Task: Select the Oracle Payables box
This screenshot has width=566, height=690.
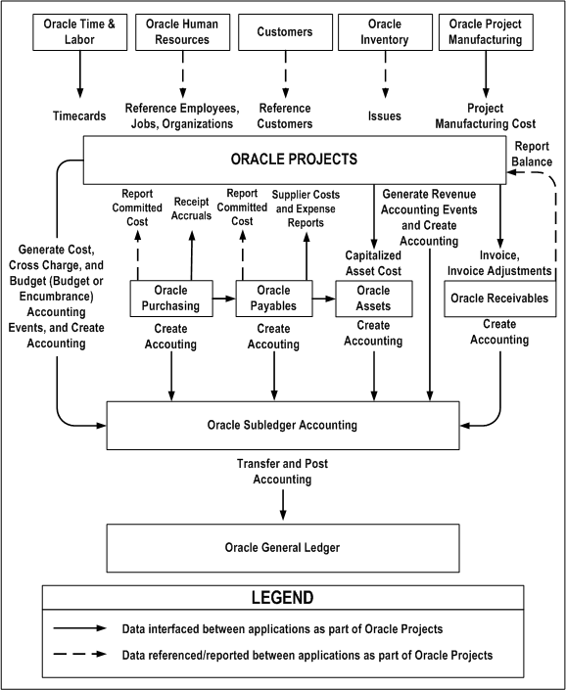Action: point(274,298)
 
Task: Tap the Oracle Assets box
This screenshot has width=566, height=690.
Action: point(373,298)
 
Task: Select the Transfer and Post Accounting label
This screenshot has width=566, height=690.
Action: point(282,473)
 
